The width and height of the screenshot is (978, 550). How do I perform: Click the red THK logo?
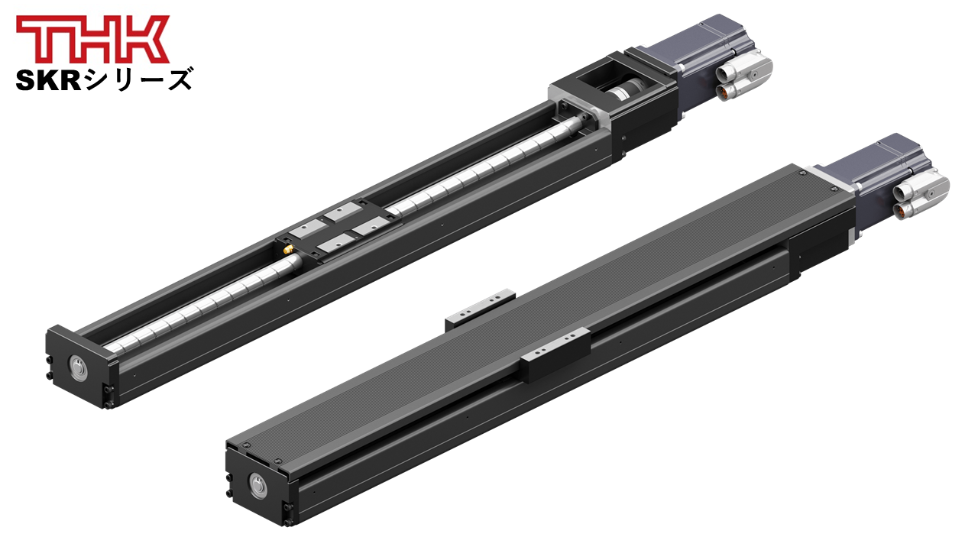click(x=92, y=39)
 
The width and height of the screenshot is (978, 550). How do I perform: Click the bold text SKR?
click(x=48, y=81)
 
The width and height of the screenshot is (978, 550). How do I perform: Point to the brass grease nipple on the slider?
click(x=288, y=250)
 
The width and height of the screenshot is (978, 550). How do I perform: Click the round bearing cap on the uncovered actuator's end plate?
click(x=78, y=366)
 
